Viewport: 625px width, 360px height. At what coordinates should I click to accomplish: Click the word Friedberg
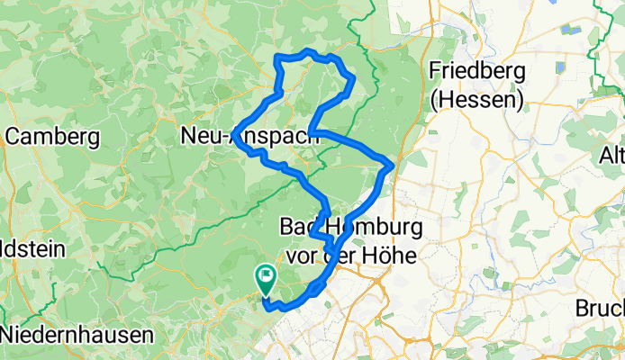pyautogui.click(x=476, y=71)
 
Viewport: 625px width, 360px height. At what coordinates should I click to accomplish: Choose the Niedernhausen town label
pyautogui.click(x=77, y=335)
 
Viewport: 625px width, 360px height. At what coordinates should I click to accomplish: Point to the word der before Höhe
pyautogui.click(x=344, y=256)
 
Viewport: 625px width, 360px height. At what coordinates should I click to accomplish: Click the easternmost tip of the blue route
pyautogui.click(x=392, y=163)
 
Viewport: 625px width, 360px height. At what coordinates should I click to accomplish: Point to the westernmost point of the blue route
pyautogui.click(x=233, y=135)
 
